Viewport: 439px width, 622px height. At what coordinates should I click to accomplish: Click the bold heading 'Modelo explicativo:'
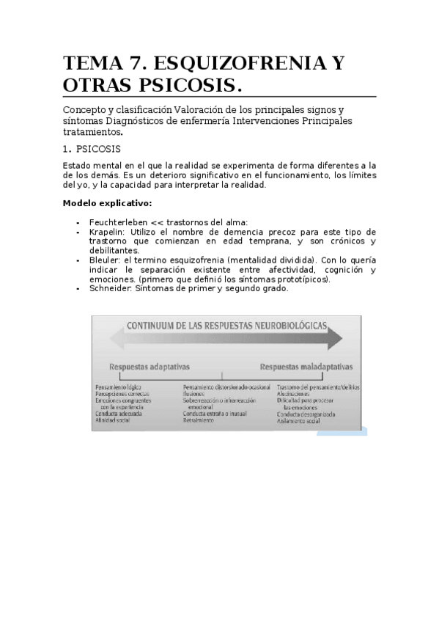point(108,202)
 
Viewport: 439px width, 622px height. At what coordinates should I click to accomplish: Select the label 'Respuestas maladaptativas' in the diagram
point(306,365)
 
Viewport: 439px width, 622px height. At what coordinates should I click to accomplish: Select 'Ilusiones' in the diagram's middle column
point(194,394)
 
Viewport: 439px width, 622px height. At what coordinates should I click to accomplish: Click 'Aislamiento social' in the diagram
point(299,420)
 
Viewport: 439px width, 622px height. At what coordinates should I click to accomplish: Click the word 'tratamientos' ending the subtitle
point(92,133)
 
